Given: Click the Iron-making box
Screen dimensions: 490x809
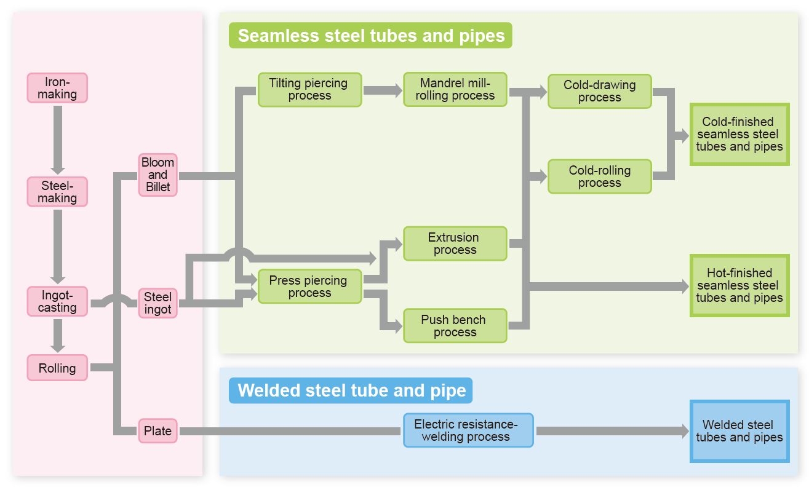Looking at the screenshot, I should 57,88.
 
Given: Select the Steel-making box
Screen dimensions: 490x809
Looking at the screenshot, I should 57,192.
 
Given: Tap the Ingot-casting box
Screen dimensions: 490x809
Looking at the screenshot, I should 57,301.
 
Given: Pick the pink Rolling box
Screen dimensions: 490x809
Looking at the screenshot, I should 57,368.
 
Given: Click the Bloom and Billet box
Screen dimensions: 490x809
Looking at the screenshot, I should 157,175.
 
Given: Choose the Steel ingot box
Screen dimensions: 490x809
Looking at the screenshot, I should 157,303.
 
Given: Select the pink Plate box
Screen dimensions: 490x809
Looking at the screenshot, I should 157,431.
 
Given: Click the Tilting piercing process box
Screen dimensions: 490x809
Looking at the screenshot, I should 309,90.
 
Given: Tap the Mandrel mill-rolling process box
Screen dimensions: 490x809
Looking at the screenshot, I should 455,90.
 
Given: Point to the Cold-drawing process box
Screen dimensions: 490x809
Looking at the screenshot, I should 599,91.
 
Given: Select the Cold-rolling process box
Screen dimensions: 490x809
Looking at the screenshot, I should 599,176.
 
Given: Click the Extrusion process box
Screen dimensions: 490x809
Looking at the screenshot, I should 455,243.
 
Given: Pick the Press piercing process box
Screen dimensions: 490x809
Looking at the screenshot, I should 309,286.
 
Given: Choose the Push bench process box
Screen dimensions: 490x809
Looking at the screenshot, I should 455,326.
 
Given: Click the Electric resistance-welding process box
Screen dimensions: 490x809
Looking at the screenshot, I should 468,430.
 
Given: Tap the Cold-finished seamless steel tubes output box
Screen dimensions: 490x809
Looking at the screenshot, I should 739,135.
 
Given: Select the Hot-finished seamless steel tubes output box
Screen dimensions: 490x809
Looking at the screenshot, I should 739,286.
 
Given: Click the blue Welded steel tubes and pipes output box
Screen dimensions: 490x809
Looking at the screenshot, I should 739,431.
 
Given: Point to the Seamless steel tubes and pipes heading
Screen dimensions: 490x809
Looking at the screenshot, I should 371,36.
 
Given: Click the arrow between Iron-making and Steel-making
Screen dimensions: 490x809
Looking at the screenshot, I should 58,140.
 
